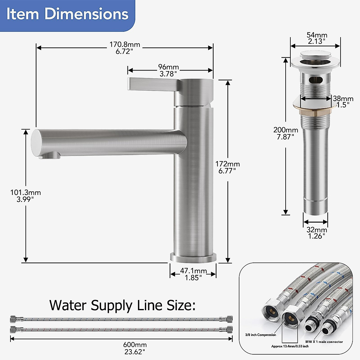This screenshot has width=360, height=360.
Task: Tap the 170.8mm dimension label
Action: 124,48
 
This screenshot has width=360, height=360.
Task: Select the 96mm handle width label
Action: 168,70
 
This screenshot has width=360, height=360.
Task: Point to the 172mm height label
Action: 227,167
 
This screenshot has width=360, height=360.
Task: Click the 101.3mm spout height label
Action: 25,196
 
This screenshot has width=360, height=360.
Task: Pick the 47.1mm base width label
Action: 193,274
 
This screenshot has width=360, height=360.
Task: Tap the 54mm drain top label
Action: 317,38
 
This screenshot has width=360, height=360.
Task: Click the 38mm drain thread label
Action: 343,102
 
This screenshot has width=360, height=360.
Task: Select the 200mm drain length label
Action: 286,133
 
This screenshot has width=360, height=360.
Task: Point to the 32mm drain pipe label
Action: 317,233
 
